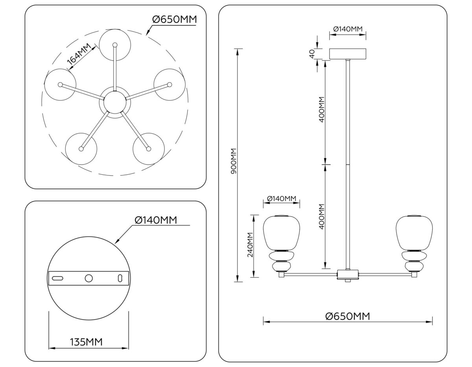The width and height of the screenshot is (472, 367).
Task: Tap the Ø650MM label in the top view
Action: point(173,19)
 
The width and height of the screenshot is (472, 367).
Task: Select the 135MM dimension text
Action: point(86,342)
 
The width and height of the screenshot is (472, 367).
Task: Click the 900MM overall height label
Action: point(233,162)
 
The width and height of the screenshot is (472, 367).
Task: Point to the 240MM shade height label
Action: point(250,245)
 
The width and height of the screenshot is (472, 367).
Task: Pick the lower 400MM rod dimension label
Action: point(321,216)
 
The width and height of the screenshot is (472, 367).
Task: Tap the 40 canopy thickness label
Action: point(312,53)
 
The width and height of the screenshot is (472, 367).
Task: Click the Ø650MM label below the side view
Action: point(348,316)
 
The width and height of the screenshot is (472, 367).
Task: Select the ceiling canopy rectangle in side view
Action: point(347,54)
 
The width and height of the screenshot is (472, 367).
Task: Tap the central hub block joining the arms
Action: point(348,274)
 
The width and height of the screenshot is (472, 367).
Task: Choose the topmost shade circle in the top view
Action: point(114,44)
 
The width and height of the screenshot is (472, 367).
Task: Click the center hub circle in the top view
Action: point(114,103)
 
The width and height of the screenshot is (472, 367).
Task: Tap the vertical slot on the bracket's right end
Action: point(120,278)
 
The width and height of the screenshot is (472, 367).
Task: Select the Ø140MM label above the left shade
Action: point(281,199)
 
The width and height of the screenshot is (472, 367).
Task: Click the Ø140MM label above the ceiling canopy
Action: point(347,29)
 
